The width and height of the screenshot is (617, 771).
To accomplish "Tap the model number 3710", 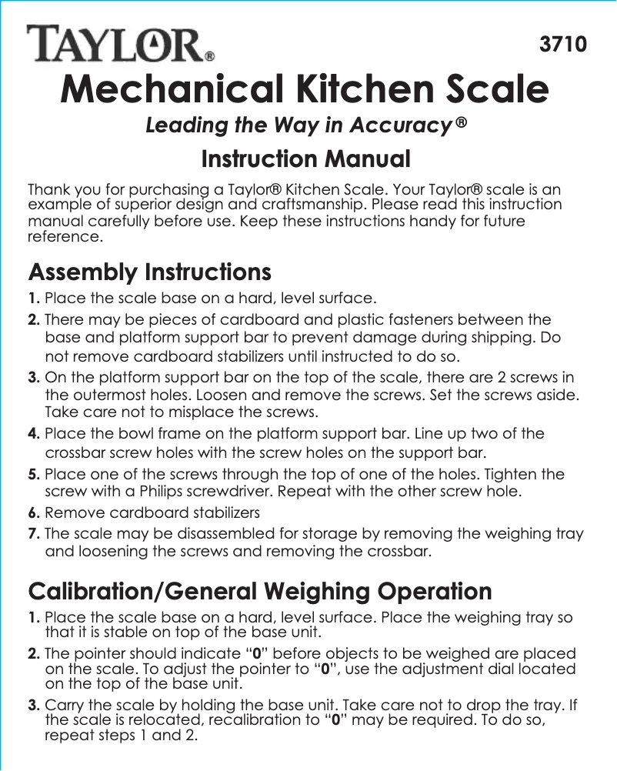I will (563, 43).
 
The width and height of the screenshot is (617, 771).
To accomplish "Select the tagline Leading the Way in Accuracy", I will (307, 125).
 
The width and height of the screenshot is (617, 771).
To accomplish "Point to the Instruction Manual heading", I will (305, 160).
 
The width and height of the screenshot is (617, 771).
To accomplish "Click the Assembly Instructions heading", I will (149, 272).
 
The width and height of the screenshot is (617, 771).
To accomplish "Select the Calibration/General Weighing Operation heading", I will (259, 591).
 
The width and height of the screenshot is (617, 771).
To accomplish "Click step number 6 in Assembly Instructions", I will (35, 512).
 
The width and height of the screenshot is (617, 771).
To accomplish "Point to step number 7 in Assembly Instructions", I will (35, 534).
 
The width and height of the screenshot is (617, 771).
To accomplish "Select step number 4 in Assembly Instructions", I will (35, 433).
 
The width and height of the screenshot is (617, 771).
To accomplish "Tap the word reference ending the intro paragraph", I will (63, 237).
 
